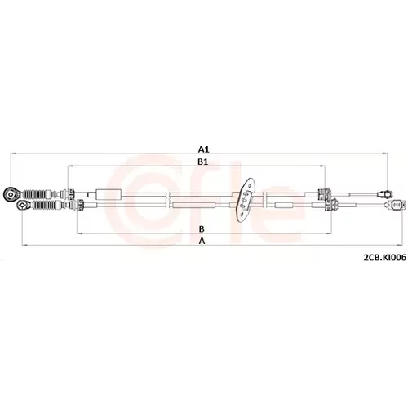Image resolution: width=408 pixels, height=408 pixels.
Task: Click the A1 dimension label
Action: pyautogui.click(x=203, y=149)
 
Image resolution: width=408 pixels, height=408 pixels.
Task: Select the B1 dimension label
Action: pyautogui.click(x=202, y=162)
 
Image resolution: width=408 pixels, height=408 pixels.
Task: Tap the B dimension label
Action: pyautogui.click(x=202, y=229)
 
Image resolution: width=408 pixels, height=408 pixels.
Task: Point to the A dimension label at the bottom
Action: pyautogui.click(x=202, y=241)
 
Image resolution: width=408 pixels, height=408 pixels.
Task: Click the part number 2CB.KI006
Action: pyautogui.click(x=384, y=257)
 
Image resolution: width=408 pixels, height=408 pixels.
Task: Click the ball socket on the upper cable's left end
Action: pyautogui.click(x=11, y=195)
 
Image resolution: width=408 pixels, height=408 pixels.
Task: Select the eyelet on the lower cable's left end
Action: pyautogui.click(x=23, y=205)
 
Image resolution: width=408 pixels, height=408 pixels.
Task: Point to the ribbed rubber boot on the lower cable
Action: pyautogui.click(x=46, y=205)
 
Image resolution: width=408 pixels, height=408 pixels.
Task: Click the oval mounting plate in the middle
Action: pyautogui.click(x=246, y=200)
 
